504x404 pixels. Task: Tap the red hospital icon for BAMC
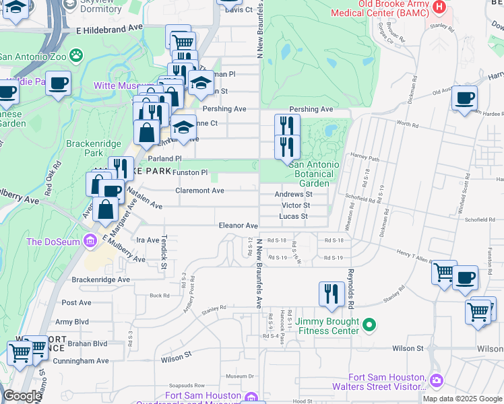click(440, 7)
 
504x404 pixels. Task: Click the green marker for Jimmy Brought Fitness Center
click(369, 326)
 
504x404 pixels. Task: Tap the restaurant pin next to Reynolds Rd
click(330, 294)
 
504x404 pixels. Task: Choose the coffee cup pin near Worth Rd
click(464, 98)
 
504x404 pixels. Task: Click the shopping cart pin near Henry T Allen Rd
click(444, 273)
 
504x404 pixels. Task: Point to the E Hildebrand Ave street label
click(110, 31)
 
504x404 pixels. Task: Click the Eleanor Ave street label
click(237, 226)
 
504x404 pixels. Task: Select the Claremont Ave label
click(199, 191)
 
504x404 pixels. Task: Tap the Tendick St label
click(163, 252)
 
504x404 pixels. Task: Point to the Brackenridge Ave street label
click(100, 279)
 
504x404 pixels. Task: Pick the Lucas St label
click(294, 216)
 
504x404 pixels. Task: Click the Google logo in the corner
click(22, 397)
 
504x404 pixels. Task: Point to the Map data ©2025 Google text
click(462, 399)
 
